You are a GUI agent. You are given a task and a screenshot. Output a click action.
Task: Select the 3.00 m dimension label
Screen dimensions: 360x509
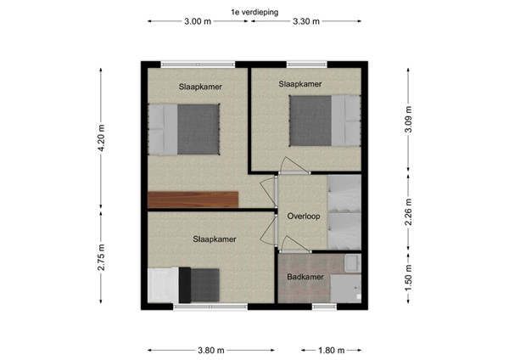pos(197,23)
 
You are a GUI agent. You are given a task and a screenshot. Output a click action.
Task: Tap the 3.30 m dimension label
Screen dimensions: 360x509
pos(305,23)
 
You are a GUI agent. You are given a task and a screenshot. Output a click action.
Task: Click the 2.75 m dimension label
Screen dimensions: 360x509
pos(102,257)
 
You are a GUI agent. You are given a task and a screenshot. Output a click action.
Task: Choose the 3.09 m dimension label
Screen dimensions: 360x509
pos(409,121)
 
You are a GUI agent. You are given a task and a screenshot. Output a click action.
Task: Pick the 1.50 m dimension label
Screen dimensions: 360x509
pos(409,279)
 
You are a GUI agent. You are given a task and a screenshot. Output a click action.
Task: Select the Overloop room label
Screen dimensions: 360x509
pos(303,216)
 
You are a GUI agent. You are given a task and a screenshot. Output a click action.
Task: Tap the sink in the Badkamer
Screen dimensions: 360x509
pos(352,265)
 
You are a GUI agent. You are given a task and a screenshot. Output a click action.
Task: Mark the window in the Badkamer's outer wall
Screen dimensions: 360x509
pos(323,306)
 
